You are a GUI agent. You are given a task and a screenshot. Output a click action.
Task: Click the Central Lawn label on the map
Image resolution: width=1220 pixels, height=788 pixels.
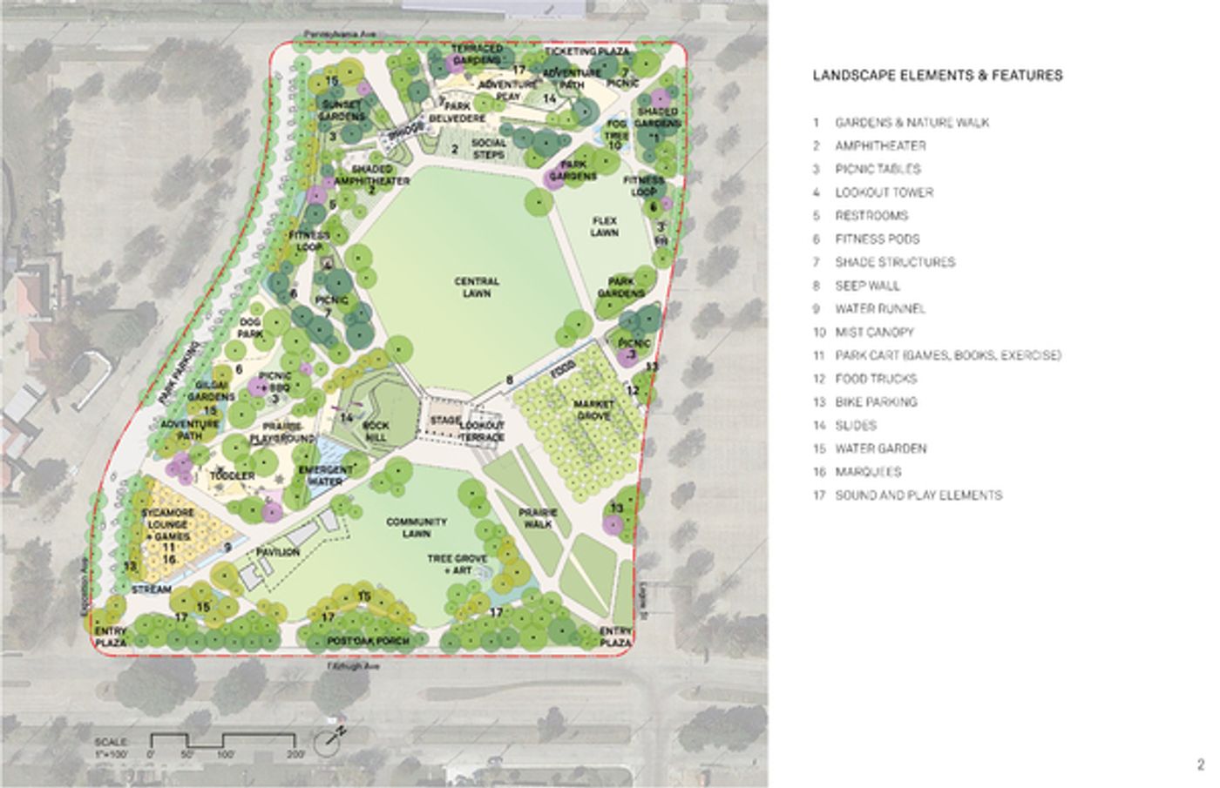(477, 287)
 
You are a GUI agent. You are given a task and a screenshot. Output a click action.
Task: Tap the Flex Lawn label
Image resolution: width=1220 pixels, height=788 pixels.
(604, 227)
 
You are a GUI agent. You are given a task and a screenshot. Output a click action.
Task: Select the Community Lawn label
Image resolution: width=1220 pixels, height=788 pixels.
(417, 528)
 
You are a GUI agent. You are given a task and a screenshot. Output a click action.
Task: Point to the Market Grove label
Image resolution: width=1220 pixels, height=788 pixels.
(593, 410)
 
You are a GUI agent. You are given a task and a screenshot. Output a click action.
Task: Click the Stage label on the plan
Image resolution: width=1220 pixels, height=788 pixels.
(444, 421)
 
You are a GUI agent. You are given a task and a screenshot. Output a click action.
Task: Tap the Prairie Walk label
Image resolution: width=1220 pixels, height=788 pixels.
(537, 518)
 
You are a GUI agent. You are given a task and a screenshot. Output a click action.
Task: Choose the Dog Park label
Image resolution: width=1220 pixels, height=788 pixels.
(250, 327)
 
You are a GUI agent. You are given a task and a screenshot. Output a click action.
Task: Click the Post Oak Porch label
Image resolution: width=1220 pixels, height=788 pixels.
(368, 641)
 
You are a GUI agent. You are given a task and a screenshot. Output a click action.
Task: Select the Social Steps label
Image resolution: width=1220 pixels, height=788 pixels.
(488, 149)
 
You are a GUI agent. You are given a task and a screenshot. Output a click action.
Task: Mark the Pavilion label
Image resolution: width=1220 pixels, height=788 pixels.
(278, 552)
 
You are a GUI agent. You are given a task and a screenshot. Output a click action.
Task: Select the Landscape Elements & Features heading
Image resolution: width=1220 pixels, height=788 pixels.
(937, 76)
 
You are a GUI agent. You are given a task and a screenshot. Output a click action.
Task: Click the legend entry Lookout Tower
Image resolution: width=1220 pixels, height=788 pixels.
(884, 192)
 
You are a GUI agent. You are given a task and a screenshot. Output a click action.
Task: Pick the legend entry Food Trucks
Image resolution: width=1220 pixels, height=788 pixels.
(876, 379)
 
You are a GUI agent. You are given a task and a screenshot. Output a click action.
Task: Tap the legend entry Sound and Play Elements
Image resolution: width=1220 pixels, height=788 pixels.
(918, 495)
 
